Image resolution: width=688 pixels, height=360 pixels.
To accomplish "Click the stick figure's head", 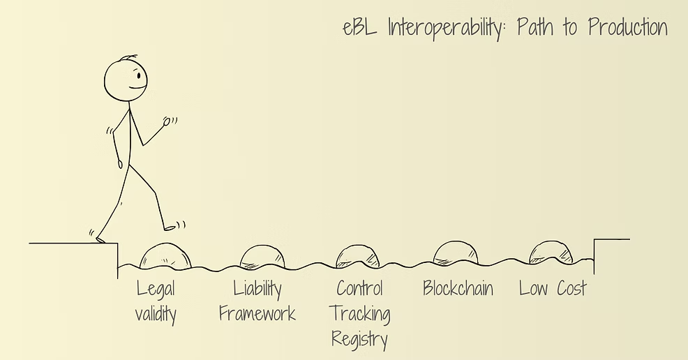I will coord(127,79).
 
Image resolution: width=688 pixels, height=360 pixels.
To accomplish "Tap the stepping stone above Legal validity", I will coord(166,256).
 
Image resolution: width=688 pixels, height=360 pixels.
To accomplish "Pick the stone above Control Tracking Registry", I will coord(357,257).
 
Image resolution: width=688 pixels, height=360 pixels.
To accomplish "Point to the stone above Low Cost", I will coord(551,253).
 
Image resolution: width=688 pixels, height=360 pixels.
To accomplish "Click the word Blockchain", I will coord(458,288).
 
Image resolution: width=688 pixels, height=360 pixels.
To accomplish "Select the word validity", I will coord(156,315).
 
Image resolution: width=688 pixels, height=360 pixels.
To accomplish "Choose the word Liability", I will coord(257,289).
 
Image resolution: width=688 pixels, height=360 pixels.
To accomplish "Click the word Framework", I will coord(257,314).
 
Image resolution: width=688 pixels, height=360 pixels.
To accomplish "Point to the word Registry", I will coord(359,340).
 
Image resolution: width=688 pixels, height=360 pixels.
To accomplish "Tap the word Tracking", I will coord(359,315).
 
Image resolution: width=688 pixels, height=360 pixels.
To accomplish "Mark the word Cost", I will coord(570,288).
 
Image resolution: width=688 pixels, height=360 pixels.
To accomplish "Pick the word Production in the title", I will coord(627,29).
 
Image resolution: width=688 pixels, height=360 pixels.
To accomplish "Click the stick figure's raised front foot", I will coord(170,227).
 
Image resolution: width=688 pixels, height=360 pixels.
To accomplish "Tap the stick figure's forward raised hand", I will coord(167,121).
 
